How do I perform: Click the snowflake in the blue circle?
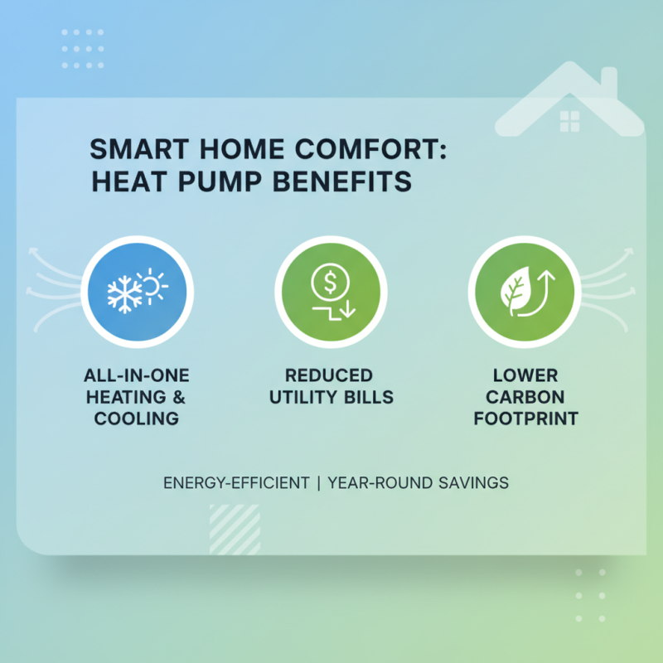126,294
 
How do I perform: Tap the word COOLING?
136,419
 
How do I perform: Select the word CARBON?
525,398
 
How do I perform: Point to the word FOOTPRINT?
525,419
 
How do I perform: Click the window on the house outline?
570,122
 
